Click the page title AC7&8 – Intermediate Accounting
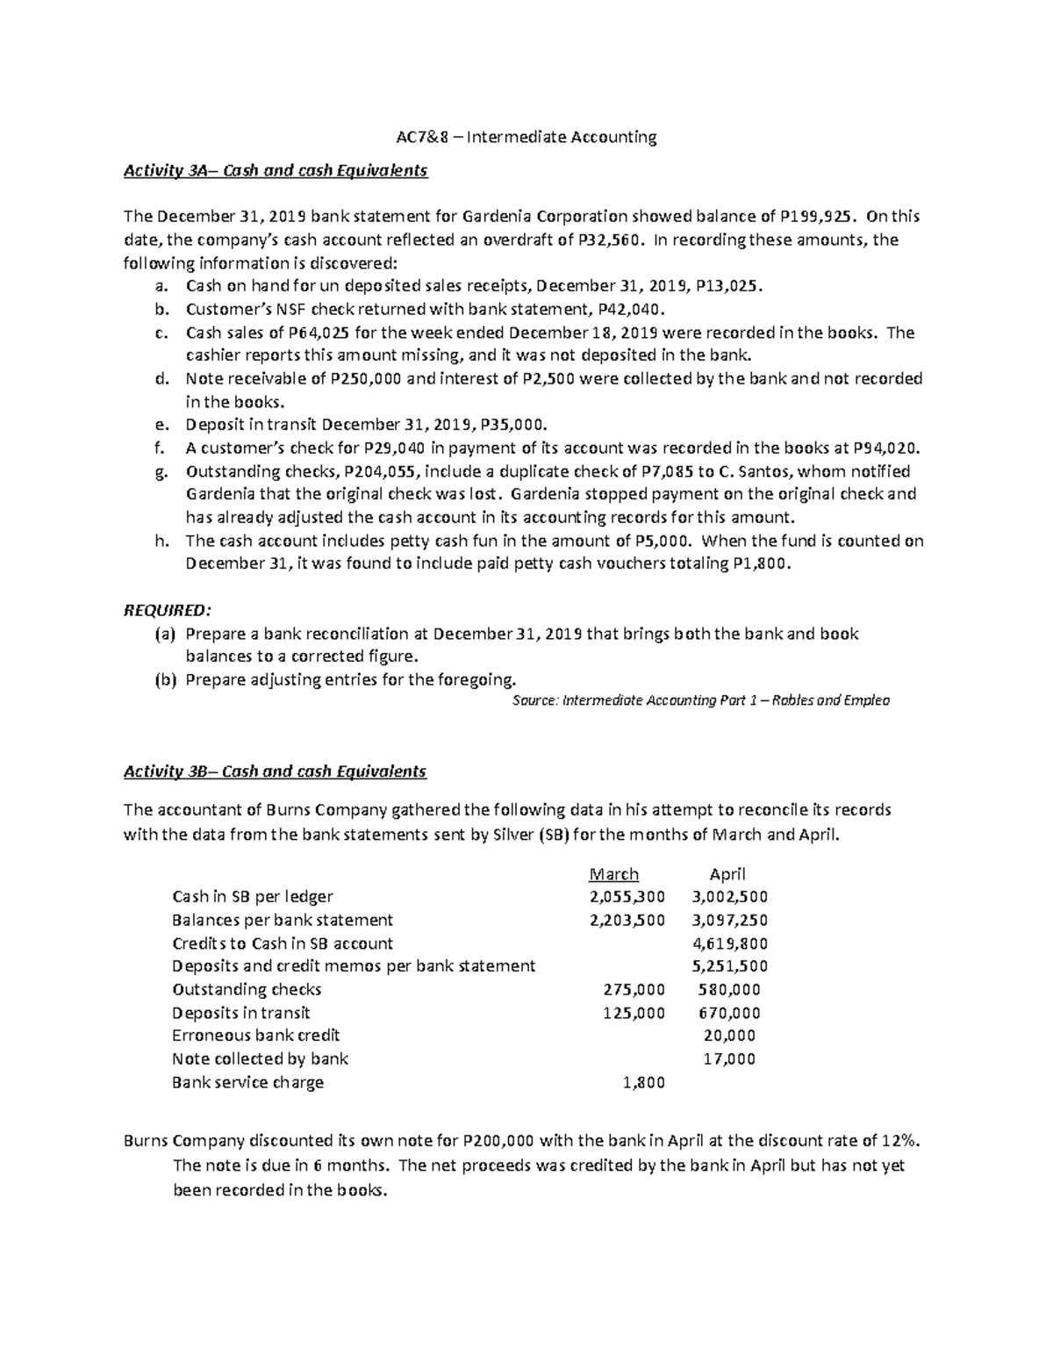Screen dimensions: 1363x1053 coord(524,137)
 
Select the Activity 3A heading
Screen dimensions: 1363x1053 coord(275,170)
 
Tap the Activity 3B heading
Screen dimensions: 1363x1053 coord(275,771)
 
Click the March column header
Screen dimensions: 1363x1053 coord(613,874)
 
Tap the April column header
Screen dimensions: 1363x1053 coord(727,874)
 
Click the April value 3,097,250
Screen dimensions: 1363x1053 coord(729,920)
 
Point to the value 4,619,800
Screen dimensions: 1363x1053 coord(729,943)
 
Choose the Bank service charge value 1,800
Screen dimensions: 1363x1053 coord(643,1082)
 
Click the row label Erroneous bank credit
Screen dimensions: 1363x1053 coord(256,1036)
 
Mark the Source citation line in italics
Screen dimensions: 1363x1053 coord(699,700)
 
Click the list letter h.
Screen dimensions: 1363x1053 coord(161,541)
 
